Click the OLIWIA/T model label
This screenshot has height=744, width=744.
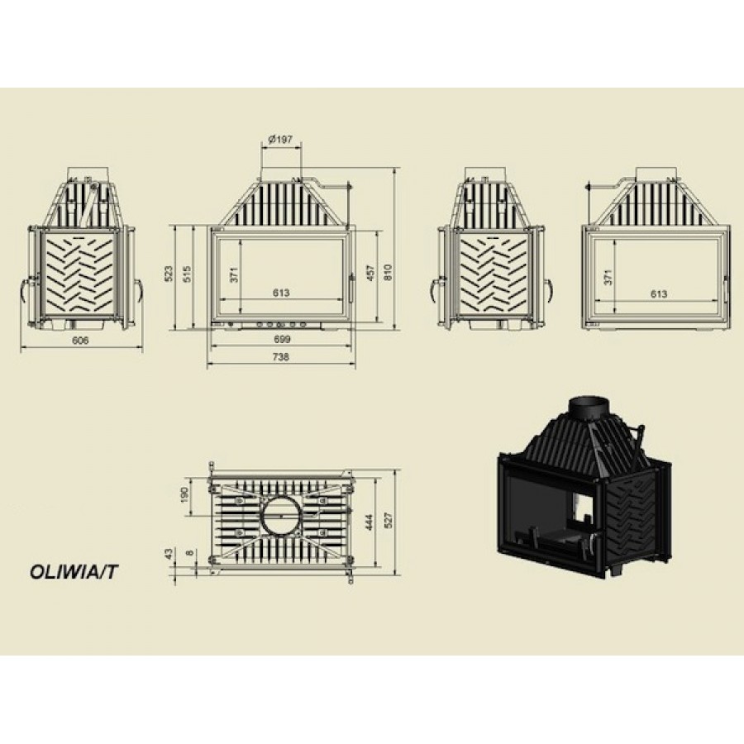tap(73, 572)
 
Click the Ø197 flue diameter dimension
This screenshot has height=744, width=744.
tap(280, 139)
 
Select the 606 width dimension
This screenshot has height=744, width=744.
tap(80, 341)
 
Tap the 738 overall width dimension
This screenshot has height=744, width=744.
tap(281, 357)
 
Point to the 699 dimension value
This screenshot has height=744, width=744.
tap(281, 339)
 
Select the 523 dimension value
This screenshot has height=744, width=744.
tap(169, 274)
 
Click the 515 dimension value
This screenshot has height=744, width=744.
tap(187, 274)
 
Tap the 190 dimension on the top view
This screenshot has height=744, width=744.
tap(184, 494)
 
